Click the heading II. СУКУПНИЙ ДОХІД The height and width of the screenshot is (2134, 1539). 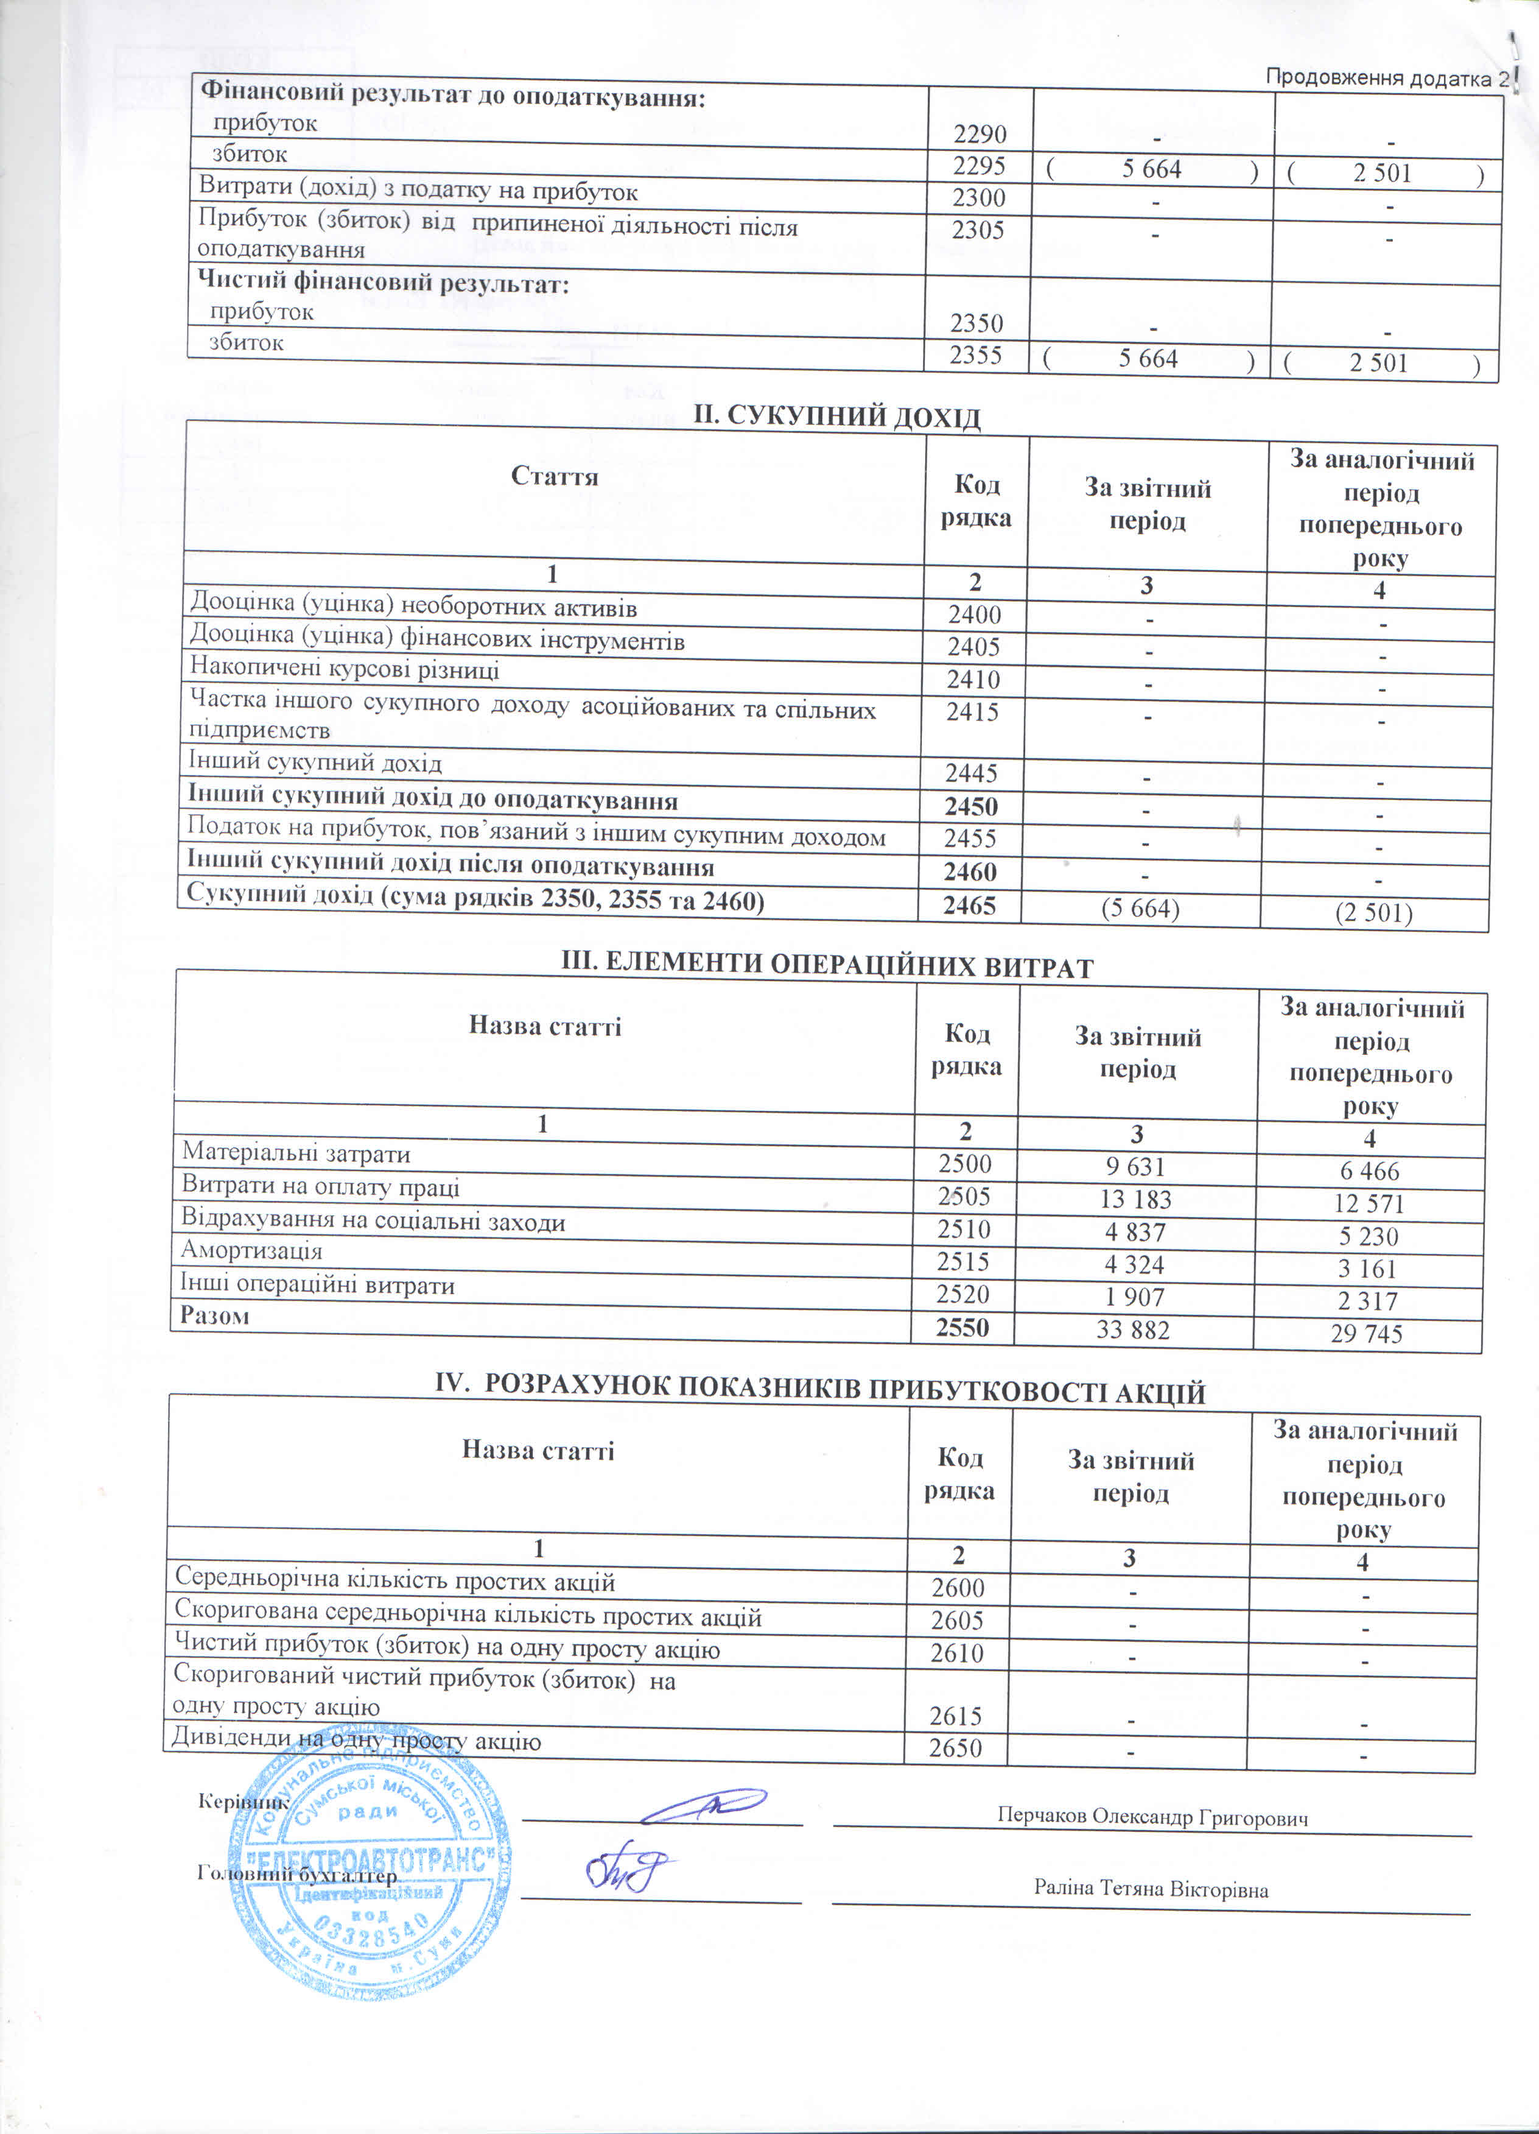836,417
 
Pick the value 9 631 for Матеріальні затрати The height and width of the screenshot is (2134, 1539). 1135,1167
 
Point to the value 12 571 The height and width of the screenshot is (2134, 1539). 1369,1203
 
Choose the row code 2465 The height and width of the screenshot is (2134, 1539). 970,905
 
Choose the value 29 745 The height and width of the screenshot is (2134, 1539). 1366,1333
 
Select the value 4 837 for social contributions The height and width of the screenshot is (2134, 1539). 1135,1231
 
